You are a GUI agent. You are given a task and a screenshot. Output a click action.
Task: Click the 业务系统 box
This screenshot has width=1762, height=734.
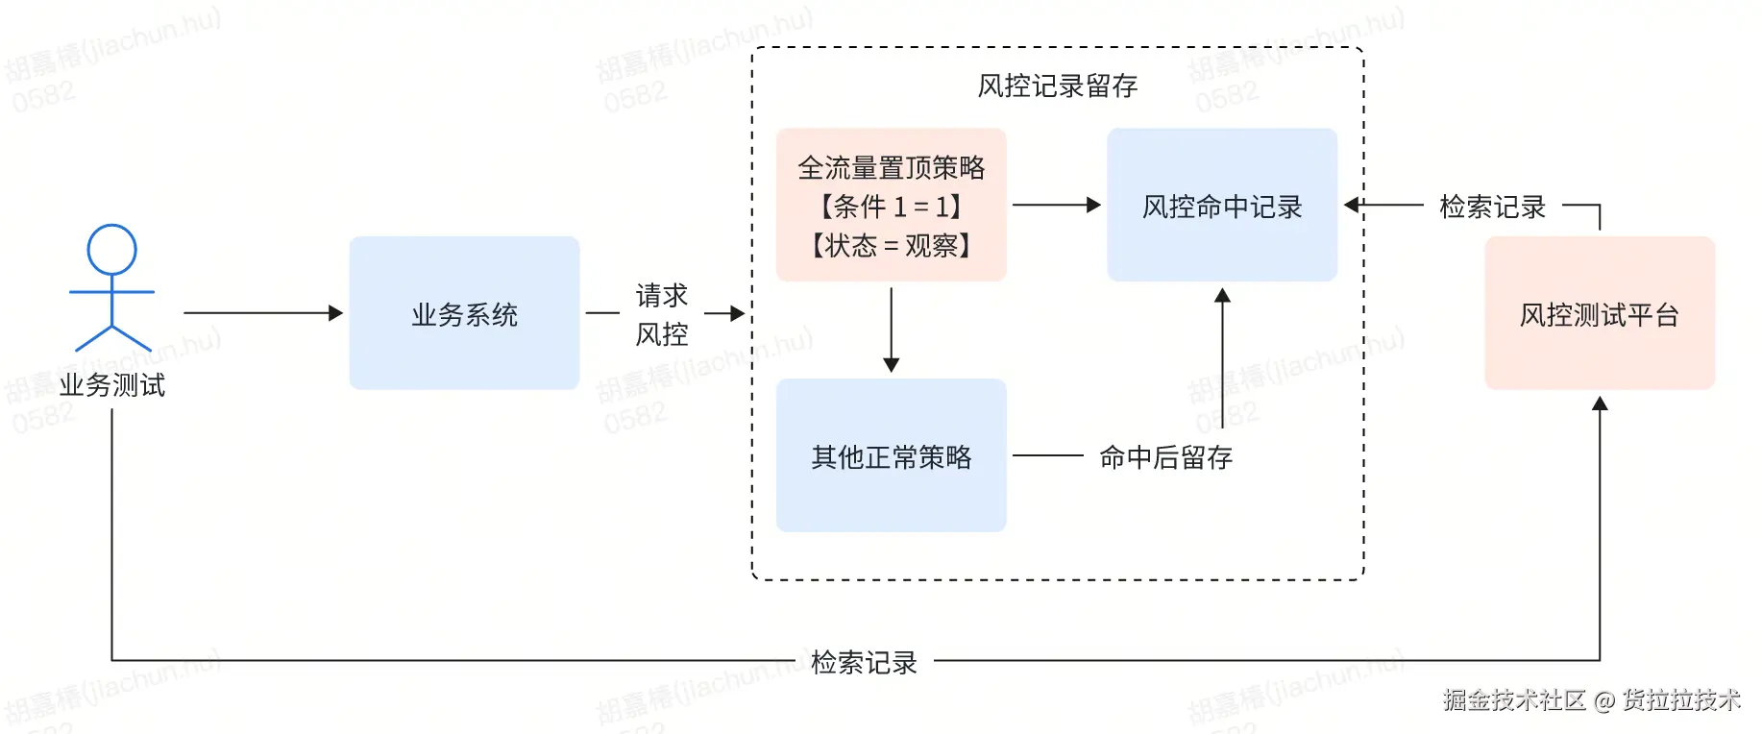pyautogui.click(x=464, y=313)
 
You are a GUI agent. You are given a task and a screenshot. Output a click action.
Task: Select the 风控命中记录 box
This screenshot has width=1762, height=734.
pyautogui.click(x=1221, y=206)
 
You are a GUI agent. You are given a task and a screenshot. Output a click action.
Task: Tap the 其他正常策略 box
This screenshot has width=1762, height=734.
pyautogui.click(x=891, y=456)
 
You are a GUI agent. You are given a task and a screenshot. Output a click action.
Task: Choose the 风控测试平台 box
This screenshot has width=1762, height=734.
pyautogui.click(x=1599, y=314)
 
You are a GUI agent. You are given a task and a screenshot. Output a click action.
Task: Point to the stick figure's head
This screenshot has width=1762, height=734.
pyautogui.click(x=111, y=249)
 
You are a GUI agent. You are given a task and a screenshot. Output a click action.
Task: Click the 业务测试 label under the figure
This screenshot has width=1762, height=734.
pyautogui.click(x=111, y=385)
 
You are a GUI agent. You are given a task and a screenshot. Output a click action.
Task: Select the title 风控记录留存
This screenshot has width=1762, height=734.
pyautogui.click(x=1057, y=86)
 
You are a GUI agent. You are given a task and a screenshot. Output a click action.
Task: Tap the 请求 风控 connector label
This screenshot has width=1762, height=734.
pyautogui.click(x=662, y=314)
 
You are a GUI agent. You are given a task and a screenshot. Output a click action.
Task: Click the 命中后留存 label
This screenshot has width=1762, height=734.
pyautogui.click(x=1165, y=457)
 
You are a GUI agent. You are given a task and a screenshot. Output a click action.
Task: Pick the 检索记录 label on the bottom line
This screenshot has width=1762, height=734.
pyautogui.click(x=864, y=662)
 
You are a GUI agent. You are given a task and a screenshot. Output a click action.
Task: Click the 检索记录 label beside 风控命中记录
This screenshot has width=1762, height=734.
pyautogui.click(x=1492, y=207)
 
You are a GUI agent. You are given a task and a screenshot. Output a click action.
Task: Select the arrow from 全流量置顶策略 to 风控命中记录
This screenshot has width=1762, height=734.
pyautogui.click(x=1056, y=205)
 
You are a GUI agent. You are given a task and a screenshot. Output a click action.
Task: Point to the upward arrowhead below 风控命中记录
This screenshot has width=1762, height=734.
pyautogui.click(x=1222, y=296)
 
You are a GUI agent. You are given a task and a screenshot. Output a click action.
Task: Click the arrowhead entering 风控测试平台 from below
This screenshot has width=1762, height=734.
pyautogui.click(x=1600, y=404)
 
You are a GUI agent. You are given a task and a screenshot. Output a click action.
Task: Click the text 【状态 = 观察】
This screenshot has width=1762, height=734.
pyautogui.click(x=891, y=246)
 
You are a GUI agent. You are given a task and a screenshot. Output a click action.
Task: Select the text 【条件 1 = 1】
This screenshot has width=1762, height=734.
pyautogui.click(x=891, y=207)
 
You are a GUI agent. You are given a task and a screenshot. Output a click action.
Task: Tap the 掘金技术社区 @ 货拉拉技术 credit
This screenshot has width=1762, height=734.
pyautogui.click(x=1591, y=699)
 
